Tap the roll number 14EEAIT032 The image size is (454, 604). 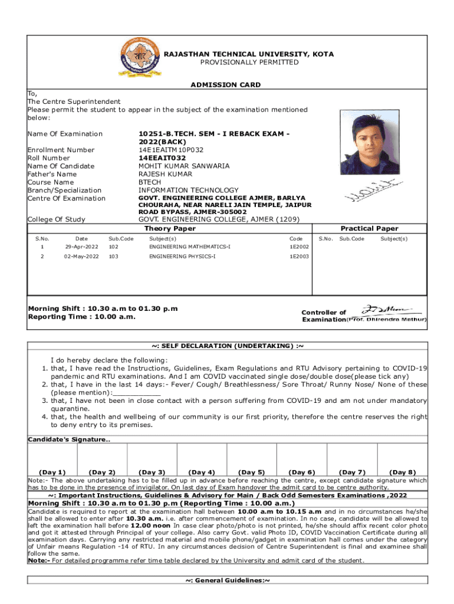162,158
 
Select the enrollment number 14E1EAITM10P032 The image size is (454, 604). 172,150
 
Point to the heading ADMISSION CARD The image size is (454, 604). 225,85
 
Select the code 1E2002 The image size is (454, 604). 299,247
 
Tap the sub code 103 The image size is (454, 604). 113,257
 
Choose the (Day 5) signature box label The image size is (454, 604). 251,472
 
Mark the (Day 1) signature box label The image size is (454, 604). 52,472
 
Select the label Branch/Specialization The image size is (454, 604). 64,191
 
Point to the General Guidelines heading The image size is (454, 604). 227,598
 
